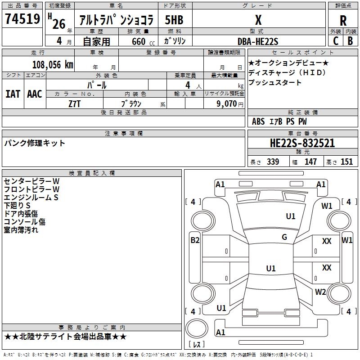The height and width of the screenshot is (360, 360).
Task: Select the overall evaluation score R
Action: pos(343,21)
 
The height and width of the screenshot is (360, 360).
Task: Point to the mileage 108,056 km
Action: pos(53,64)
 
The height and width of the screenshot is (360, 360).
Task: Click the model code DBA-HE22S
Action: pos(258,41)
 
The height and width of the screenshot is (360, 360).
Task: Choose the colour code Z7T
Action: pos(75,103)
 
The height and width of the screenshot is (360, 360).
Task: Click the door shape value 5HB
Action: pos(174,20)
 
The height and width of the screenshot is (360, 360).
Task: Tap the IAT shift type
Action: pos(13,94)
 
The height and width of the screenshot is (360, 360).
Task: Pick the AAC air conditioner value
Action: pos(34,94)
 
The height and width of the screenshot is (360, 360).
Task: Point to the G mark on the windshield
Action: pos(284,237)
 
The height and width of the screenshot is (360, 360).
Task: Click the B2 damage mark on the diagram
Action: pos(195,240)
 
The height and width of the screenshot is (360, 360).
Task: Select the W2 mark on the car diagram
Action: pos(320,292)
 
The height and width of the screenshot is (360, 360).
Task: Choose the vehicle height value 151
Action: pos(346,162)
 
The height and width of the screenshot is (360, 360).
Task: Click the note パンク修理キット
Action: pos(35,143)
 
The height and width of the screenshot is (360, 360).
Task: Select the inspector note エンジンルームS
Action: pos(31,197)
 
